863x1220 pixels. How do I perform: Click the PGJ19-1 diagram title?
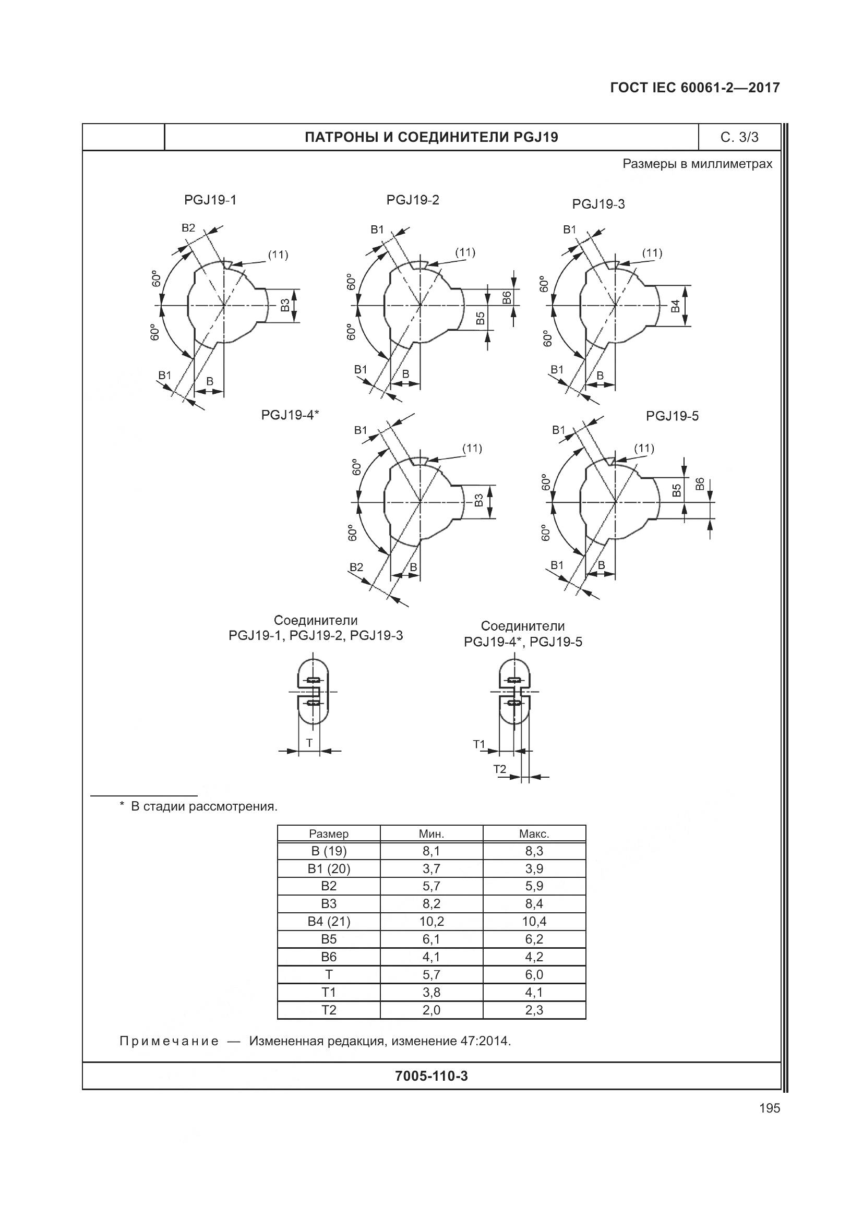click(x=210, y=200)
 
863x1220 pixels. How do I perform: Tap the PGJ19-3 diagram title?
click(x=598, y=204)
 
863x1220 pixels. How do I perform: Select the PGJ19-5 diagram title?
click(x=672, y=416)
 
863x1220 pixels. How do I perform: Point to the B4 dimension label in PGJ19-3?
click(x=675, y=306)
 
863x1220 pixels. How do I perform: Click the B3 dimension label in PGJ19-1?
click(x=285, y=305)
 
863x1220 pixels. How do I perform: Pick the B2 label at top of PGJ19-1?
click(x=189, y=228)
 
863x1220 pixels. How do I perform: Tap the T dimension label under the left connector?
click(x=309, y=742)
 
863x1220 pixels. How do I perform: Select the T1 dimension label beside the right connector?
click(x=480, y=744)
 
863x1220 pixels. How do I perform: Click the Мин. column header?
click(x=431, y=834)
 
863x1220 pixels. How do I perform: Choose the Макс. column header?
click(x=534, y=834)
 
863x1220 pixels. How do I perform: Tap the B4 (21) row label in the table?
click(x=329, y=921)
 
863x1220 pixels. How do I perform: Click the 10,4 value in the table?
click(x=534, y=921)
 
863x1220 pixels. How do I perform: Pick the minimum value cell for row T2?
click(x=431, y=1010)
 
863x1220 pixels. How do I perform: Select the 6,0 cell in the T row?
click(x=534, y=974)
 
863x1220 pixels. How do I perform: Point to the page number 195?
click(x=770, y=1108)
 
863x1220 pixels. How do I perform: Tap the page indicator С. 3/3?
click(x=739, y=137)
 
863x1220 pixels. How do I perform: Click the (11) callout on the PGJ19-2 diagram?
click(x=465, y=252)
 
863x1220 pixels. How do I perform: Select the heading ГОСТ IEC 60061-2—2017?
click(x=695, y=88)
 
